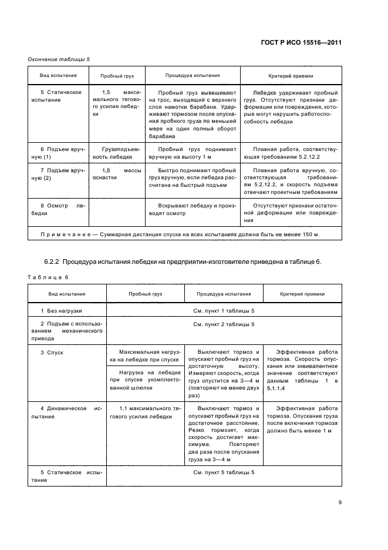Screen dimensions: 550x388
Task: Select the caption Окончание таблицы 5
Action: point(59,59)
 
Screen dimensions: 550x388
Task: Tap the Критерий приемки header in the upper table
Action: point(291,76)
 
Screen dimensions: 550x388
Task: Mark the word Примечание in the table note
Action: point(62,234)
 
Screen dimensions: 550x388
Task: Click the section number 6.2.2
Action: point(52,261)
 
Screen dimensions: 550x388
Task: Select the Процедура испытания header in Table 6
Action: point(224,293)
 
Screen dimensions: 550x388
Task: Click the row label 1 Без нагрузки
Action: point(61,310)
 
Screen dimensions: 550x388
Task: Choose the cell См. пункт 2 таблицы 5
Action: point(224,324)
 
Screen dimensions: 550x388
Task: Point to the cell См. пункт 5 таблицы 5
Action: point(224,472)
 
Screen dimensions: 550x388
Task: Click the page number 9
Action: point(339,502)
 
